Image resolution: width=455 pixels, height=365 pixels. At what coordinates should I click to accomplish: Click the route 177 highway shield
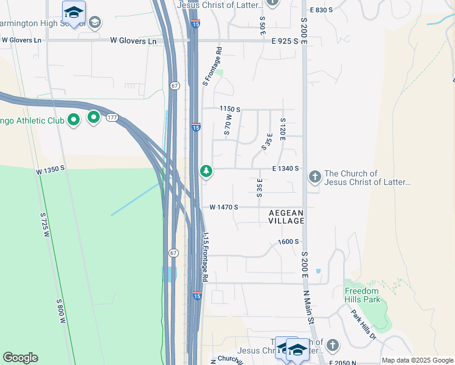tap(112, 116)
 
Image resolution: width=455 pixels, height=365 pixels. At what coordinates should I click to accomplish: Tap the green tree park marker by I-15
tap(206, 171)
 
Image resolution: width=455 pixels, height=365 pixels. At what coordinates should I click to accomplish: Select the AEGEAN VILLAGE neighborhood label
tap(287, 217)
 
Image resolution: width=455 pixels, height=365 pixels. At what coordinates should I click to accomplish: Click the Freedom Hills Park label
tap(363, 295)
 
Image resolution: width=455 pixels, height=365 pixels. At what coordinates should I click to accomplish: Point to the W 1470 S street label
tap(223, 207)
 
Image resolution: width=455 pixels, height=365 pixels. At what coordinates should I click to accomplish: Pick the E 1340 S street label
tap(285, 169)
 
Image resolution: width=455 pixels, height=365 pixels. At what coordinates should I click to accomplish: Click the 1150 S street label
tap(230, 109)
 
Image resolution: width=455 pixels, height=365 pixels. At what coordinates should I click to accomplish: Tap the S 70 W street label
tap(228, 124)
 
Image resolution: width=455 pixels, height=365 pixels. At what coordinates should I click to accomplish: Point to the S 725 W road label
tap(44, 224)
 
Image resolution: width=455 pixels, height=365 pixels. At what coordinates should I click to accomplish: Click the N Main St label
tap(310, 306)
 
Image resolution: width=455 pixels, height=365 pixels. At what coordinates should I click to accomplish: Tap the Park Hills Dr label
tap(364, 324)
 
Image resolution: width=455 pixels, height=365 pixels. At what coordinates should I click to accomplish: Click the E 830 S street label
tap(322, 10)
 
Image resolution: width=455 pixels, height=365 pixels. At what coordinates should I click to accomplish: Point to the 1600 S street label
tap(288, 242)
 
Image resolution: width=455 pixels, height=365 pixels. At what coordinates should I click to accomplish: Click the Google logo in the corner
tap(20, 358)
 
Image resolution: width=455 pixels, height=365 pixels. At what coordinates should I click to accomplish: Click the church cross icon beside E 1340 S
tap(314, 177)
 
